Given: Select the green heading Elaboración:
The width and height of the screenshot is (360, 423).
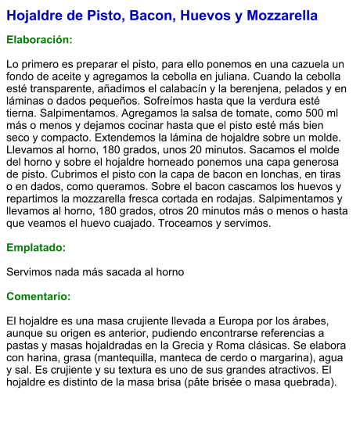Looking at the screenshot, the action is click(x=39, y=39).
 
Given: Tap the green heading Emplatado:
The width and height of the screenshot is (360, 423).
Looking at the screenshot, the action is click(x=36, y=248).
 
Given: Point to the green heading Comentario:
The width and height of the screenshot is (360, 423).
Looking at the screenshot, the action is click(x=38, y=296).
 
